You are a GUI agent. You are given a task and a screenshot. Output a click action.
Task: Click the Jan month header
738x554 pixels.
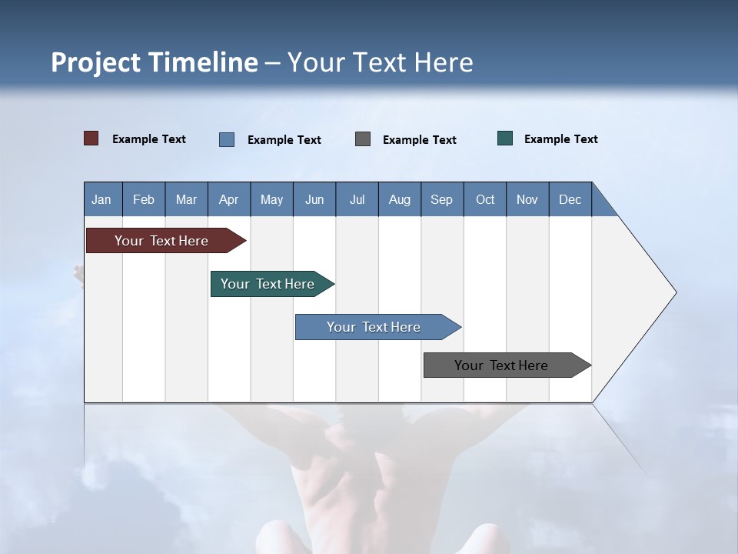[x=102, y=199]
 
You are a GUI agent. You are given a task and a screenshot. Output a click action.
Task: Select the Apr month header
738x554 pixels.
[x=229, y=199]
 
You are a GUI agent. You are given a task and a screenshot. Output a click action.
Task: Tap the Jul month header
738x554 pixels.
[x=357, y=199]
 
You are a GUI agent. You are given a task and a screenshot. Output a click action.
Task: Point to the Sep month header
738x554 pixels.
[x=441, y=199]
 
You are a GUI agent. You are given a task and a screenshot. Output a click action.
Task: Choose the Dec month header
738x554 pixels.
[x=570, y=199]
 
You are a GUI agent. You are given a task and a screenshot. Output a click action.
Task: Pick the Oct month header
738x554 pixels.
[x=484, y=199]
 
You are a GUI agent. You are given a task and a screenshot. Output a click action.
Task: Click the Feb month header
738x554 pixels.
[x=144, y=199]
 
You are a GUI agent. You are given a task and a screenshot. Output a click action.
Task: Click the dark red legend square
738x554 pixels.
[x=91, y=138]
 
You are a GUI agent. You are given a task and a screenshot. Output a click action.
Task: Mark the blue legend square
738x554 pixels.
[x=227, y=139]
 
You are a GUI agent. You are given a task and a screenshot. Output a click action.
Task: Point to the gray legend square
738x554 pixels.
[x=363, y=139]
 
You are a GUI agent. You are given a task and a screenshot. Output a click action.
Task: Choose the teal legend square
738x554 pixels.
[x=505, y=138]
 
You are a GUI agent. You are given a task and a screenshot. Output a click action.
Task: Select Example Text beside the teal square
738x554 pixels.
[x=560, y=138]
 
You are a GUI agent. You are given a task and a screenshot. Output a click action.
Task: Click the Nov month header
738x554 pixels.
[x=527, y=199]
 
